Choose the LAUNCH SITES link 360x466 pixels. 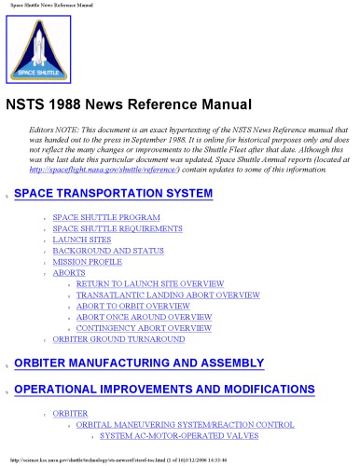[x=82, y=240]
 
